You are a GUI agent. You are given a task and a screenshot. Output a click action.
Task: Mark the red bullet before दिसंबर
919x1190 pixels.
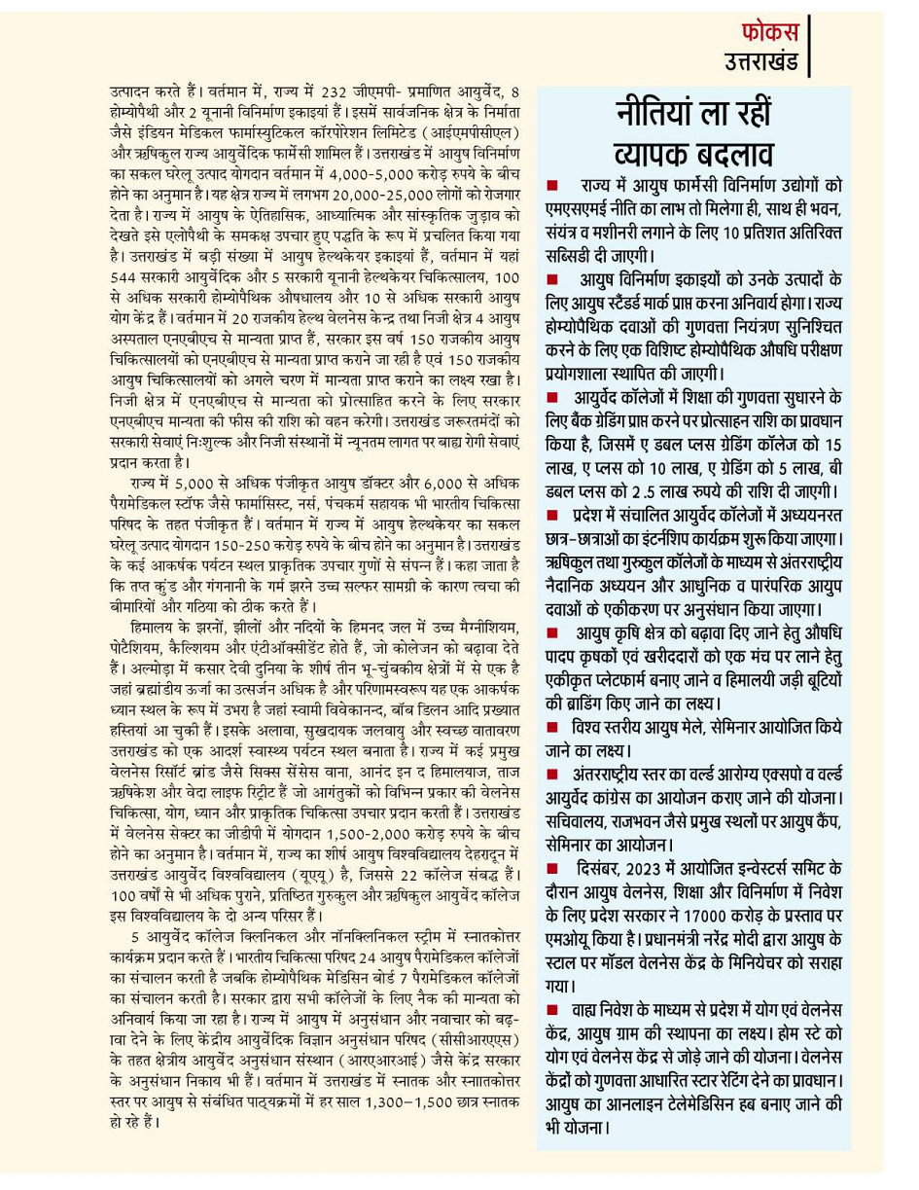551,868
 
